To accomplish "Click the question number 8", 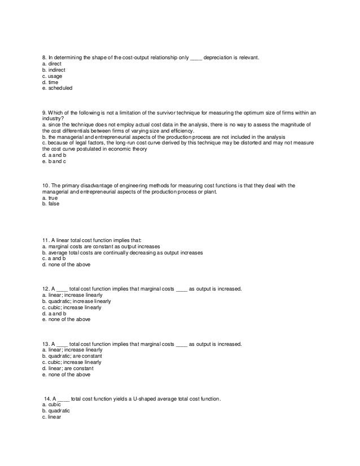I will pos(45,58).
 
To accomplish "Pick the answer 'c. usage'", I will pos(52,76).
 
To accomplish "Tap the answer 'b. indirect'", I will pos(55,70).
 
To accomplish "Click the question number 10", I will pos(46,185).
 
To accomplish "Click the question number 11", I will pos(46,240).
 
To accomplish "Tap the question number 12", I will pos(46,289).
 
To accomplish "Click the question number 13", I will pos(46,344).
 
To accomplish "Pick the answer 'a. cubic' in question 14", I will pos(52,405).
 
